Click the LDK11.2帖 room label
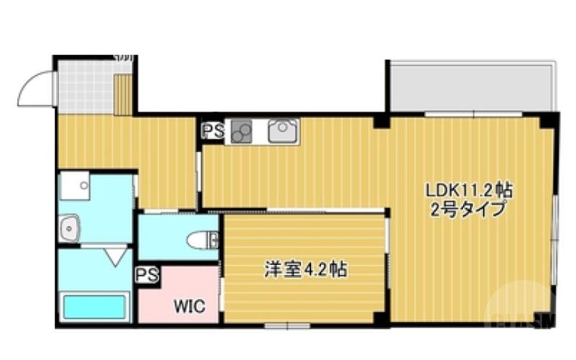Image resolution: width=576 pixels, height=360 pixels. coord(469,191)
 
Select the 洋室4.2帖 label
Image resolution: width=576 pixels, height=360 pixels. coord(306,271)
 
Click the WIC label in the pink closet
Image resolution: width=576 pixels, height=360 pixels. coord(189,305)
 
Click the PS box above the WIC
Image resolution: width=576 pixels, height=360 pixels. coord(148,274)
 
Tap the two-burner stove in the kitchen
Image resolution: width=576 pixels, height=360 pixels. coord(243,132)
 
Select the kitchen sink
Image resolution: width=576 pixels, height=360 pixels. coord(282,131)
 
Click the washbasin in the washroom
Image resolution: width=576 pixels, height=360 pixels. coord(70,230)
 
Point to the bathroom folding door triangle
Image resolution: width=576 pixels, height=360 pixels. coord(114,254)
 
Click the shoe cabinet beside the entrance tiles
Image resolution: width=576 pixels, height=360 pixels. coord(123,94)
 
